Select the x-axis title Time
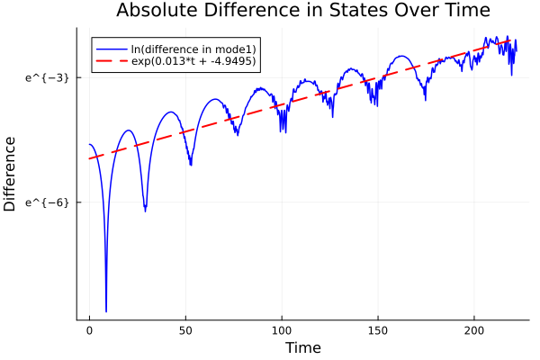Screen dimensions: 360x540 tap(302, 347)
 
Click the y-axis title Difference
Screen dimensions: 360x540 tap(11, 174)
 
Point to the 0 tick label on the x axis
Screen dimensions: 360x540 tap(89, 330)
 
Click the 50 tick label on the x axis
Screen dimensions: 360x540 tap(185, 330)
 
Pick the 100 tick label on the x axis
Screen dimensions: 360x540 tap(282, 330)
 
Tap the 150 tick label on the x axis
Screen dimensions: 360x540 tap(378, 330)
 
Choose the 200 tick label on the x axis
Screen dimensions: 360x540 tap(474, 330)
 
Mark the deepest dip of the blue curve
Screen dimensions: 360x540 tap(106, 310)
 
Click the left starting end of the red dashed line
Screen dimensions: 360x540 tap(89, 159)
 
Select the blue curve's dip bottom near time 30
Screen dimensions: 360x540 tap(145, 211)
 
